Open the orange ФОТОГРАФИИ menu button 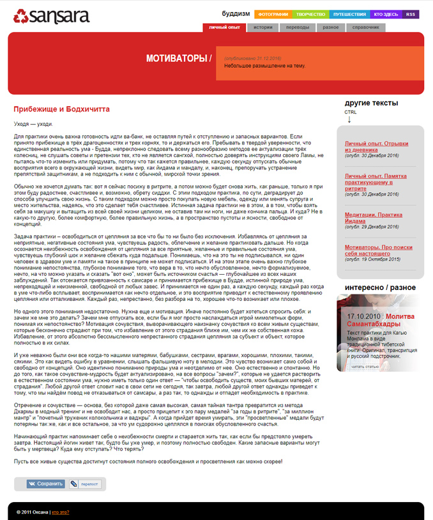tap(273, 14)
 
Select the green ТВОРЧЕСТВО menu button tap(311, 14)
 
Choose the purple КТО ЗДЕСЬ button tap(386, 14)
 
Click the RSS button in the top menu tap(411, 14)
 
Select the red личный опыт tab tap(224, 27)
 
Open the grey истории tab tap(262, 27)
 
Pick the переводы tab tap(297, 27)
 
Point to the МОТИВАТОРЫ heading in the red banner tap(178, 59)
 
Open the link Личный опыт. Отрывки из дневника tap(376, 146)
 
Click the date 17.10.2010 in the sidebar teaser tap(365, 298)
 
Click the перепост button tap(86, 484)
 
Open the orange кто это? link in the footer tap(61, 512)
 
